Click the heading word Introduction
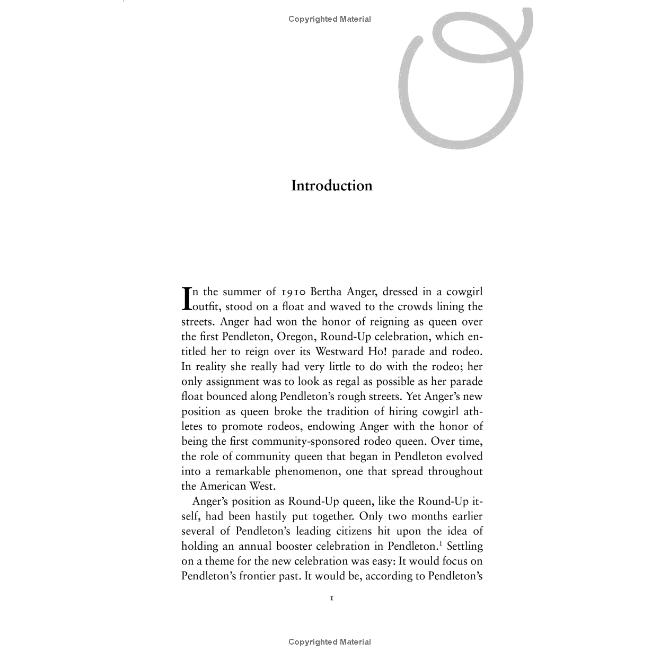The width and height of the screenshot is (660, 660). click(x=331, y=186)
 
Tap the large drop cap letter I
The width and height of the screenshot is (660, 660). click(x=186, y=298)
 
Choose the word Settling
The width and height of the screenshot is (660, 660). click(x=465, y=546)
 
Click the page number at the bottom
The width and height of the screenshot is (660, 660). click(x=331, y=599)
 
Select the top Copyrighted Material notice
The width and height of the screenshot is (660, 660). click(x=330, y=19)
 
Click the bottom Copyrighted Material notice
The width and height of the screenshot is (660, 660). click(x=330, y=642)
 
